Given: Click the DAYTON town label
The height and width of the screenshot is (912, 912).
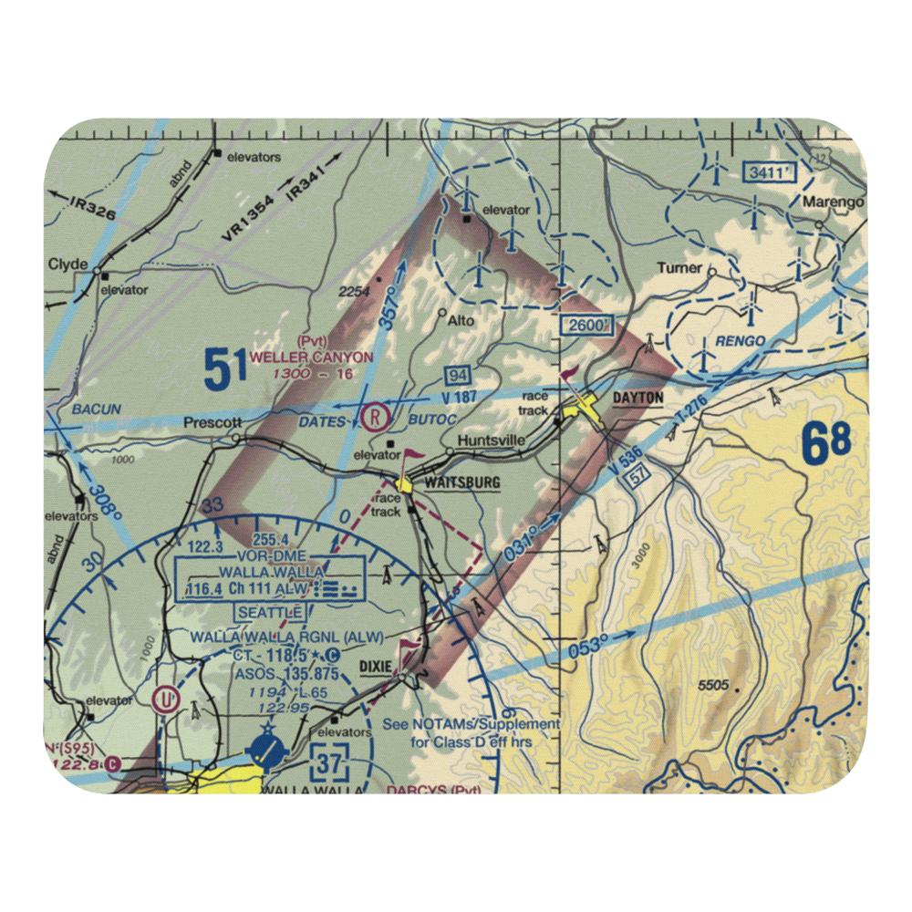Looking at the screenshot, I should [637, 399].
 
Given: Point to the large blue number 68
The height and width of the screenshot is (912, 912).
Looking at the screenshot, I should [826, 443].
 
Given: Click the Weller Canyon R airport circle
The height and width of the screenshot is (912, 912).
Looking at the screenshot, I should [374, 419].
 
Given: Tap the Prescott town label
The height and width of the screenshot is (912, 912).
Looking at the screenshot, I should [212, 423].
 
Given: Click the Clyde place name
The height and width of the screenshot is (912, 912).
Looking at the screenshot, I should [67, 264].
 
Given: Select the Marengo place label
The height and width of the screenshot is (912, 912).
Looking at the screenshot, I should [827, 202].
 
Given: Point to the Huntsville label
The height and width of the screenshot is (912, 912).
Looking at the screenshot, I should [492, 440].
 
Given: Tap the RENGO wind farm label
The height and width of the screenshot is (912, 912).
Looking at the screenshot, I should [740, 341].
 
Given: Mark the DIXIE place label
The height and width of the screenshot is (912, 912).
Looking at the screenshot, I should [376, 667].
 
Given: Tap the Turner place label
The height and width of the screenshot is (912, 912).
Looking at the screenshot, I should [680, 268].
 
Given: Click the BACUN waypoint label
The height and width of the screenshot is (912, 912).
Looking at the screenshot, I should [97, 409].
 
